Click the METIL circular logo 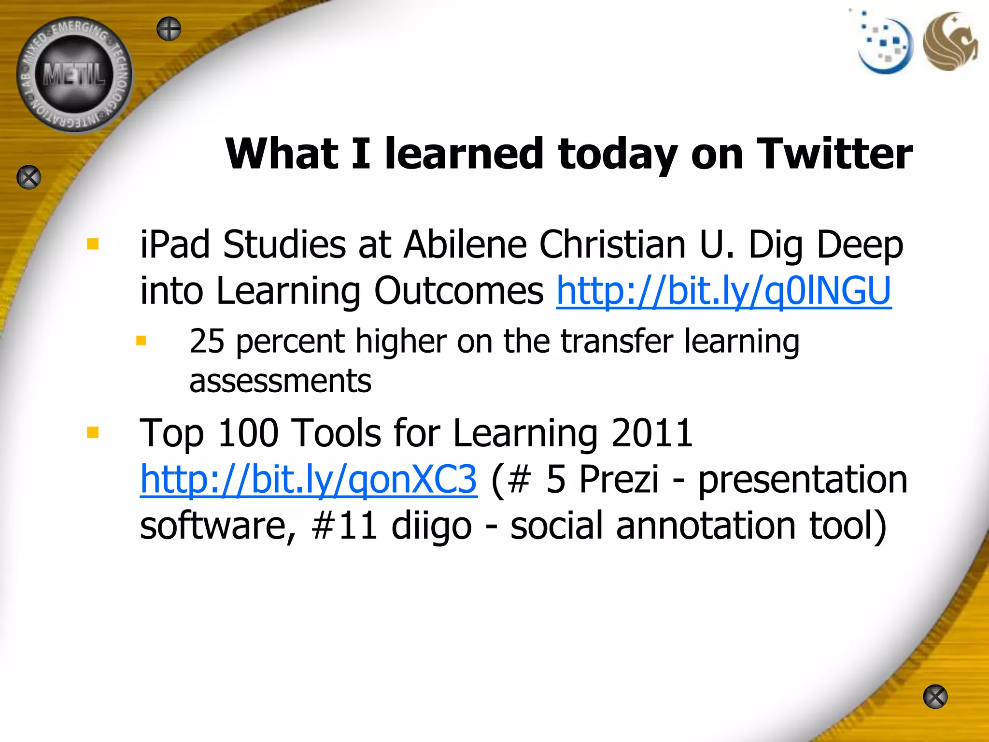tap(74, 75)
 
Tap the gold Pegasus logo tap(949, 42)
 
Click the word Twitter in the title tap(834, 154)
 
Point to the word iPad tap(175, 244)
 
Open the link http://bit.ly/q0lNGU tap(723, 291)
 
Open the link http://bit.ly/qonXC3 tap(309, 479)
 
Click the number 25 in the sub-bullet tap(207, 341)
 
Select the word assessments tap(280, 381)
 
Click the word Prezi tap(619, 479)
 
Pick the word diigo tap(431, 526)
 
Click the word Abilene tap(465, 244)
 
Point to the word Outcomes tap(459, 291)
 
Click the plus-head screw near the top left tap(169, 29)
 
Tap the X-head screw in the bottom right tap(935, 697)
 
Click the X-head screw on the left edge tap(29, 177)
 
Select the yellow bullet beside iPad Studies tap(93, 243)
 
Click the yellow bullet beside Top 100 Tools tap(93, 432)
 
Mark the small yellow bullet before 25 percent tap(141, 341)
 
